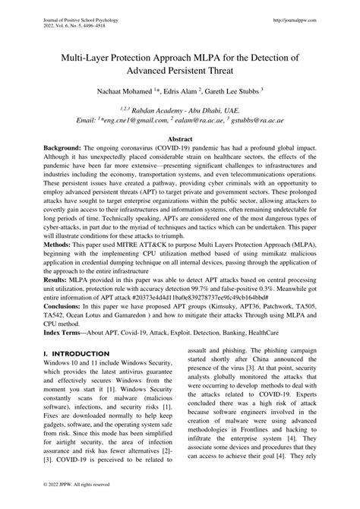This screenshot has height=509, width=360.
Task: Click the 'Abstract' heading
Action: (179, 141)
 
